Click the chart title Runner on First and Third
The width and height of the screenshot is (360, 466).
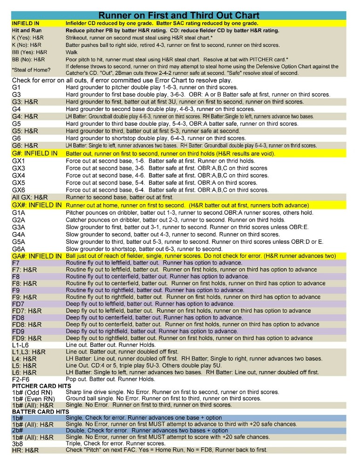click(x=180, y=15)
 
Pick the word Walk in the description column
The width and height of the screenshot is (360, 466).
click(x=72, y=53)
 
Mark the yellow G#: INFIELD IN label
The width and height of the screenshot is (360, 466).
click(x=35, y=153)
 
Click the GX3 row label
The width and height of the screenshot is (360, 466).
click(x=19, y=168)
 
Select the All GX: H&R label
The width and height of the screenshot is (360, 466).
click(x=31, y=197)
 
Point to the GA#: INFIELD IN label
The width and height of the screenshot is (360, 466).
click(x=37, y=256)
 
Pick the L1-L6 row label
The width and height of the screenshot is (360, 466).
click(x=21, y=345)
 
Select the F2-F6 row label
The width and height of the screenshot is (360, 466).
click(x=21, y=379)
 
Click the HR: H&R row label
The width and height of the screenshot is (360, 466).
click(x=25, y=451)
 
